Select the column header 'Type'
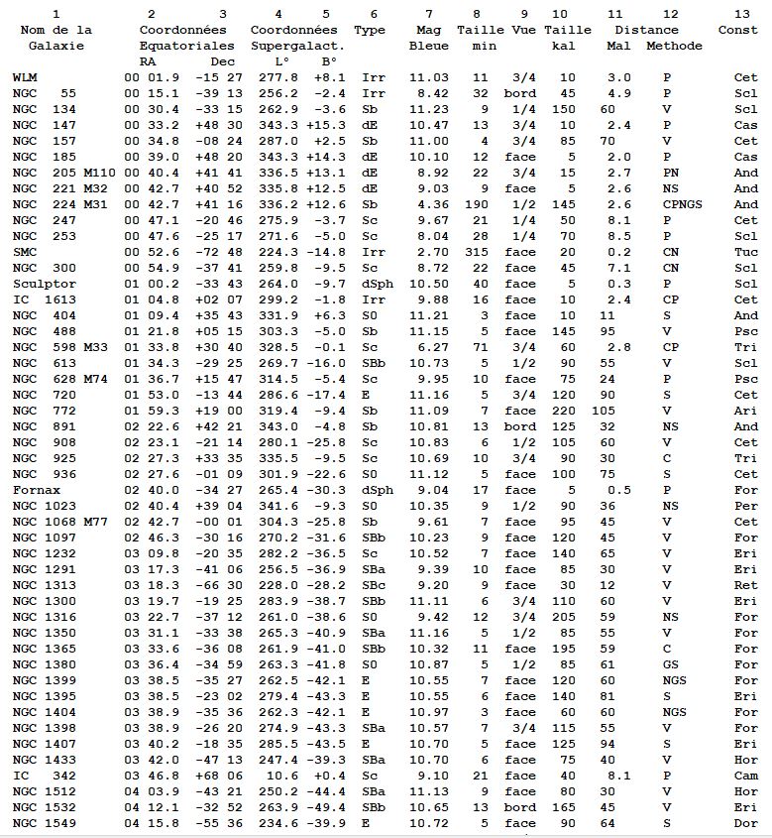[370, 30]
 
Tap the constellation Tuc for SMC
[745, 252]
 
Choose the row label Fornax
[33, 490]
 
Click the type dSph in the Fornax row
[378, 490]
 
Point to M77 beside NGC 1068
[96, 522]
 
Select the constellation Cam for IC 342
[745, 776]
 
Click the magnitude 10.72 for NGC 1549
[428, 823]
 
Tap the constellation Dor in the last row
[745, 823]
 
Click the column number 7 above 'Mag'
[428, 14]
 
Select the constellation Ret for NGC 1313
[745, 585]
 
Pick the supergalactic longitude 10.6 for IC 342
[274, 776]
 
